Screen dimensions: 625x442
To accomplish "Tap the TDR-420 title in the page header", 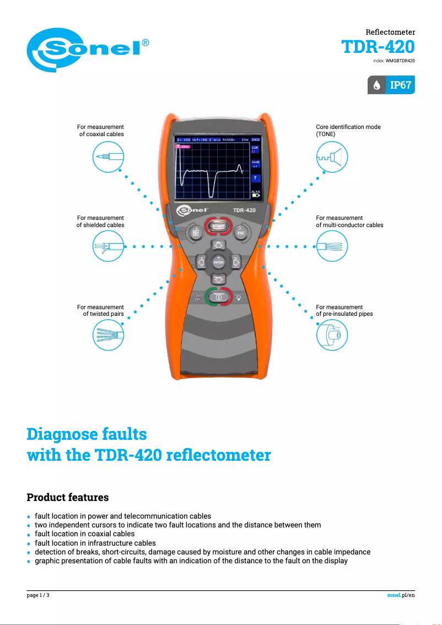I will pos(378,46).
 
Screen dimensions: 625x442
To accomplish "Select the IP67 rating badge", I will pos(391,85).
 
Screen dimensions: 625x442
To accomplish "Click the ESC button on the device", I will pos(240,232).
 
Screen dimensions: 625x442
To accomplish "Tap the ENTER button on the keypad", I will pos(219,263).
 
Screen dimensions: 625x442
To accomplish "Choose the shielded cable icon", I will pos(108,246).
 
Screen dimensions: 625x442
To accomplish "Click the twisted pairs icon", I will pos(108,335).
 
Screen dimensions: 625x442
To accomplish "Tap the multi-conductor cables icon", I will pos(332,246).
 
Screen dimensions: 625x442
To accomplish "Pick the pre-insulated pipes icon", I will pos(332,335).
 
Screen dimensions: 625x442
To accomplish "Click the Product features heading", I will pos(68,497).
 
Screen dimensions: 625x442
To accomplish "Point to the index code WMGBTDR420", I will pos(400,60).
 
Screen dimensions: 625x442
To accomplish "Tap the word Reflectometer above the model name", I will pos(390,33).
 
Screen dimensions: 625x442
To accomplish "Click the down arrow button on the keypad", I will pos(219,279).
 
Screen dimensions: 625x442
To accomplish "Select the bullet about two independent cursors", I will pos(177,525).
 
